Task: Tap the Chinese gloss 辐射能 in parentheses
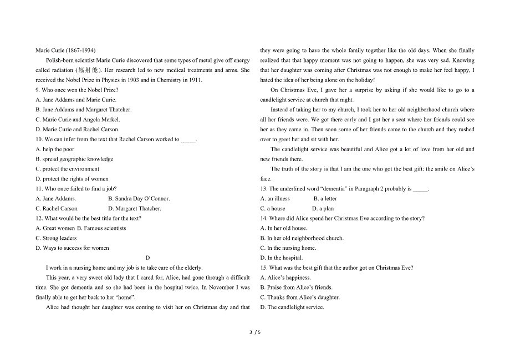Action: tap(89, 70)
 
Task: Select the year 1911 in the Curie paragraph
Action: tap(196, 80)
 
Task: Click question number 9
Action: tap(38, 90)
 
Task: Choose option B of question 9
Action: tap(83, 110)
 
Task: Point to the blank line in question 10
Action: tap(188, 140)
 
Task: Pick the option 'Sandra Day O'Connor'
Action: tap(139, 198)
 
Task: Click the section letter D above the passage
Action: tap(147, 258)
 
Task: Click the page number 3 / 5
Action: tap(254, 332)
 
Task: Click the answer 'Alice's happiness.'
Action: tap(285, 277)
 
